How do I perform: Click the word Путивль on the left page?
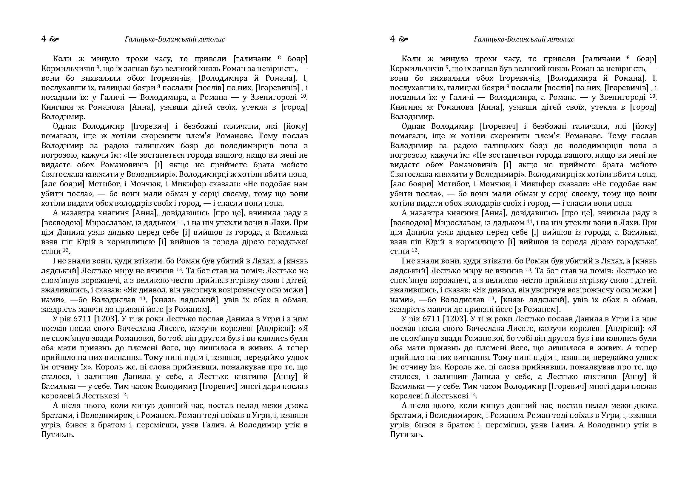[x=58, y=435]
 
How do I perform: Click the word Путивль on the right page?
[x=407, y=435]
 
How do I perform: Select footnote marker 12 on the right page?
[x=415, y=250]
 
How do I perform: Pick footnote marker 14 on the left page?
[x=124, y=395]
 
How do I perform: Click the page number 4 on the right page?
[x=392, y=39]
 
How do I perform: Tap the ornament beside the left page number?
[x=54, y=39]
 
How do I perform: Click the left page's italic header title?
[x=175, y=39]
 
